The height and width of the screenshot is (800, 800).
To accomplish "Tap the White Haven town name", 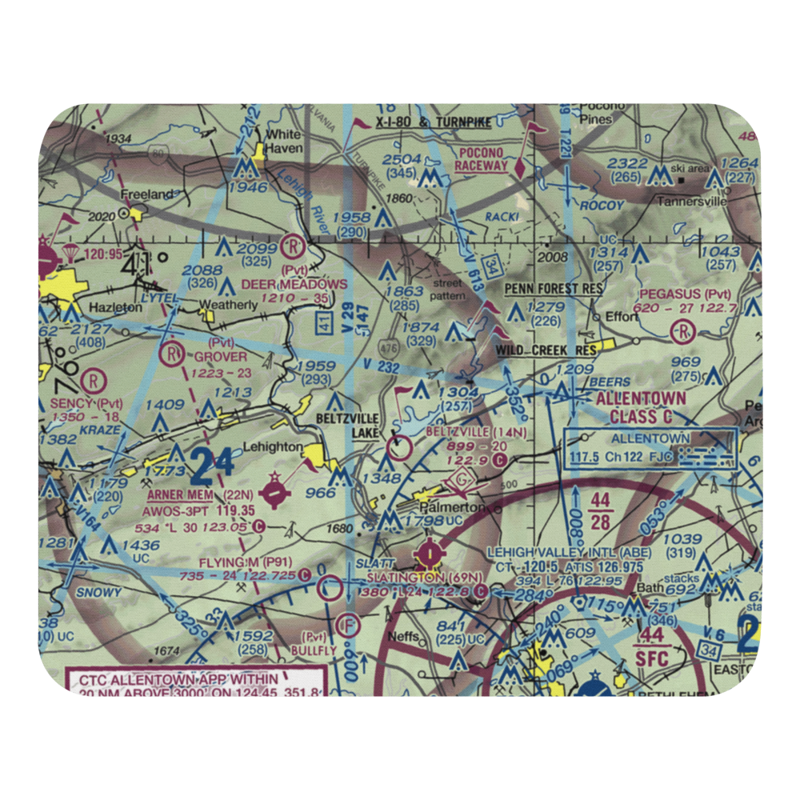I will click(283, 142).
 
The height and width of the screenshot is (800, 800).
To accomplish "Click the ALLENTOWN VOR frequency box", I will click(652, 448).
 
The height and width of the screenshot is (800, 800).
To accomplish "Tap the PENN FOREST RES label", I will click(553, 288).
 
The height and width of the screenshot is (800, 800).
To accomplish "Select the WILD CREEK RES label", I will click(546, 350).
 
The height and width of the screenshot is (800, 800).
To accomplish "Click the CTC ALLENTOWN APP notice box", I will click(192, 685).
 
